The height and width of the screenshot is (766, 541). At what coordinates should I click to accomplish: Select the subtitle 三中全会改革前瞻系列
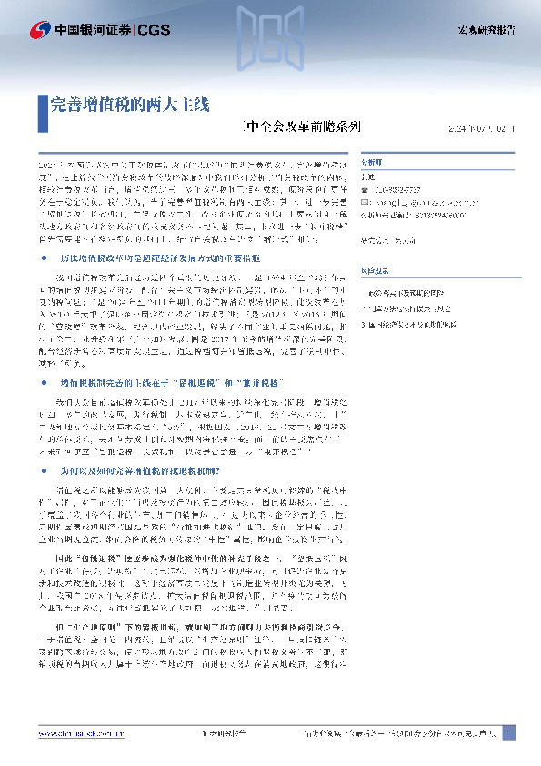pos(299,128)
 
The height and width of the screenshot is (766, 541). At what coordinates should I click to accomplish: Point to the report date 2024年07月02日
pos(481,129)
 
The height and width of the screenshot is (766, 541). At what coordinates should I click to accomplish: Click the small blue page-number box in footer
pos(507,731)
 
